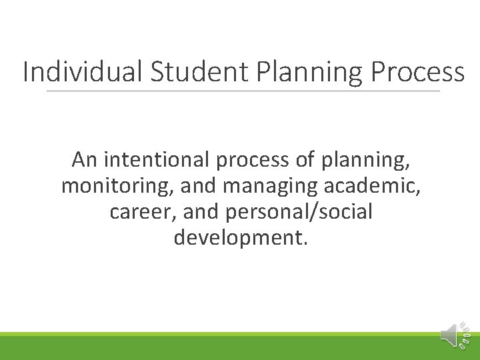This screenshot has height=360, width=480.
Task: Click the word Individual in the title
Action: pos(81,72)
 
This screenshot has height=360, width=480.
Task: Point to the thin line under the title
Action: pos(243,91)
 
